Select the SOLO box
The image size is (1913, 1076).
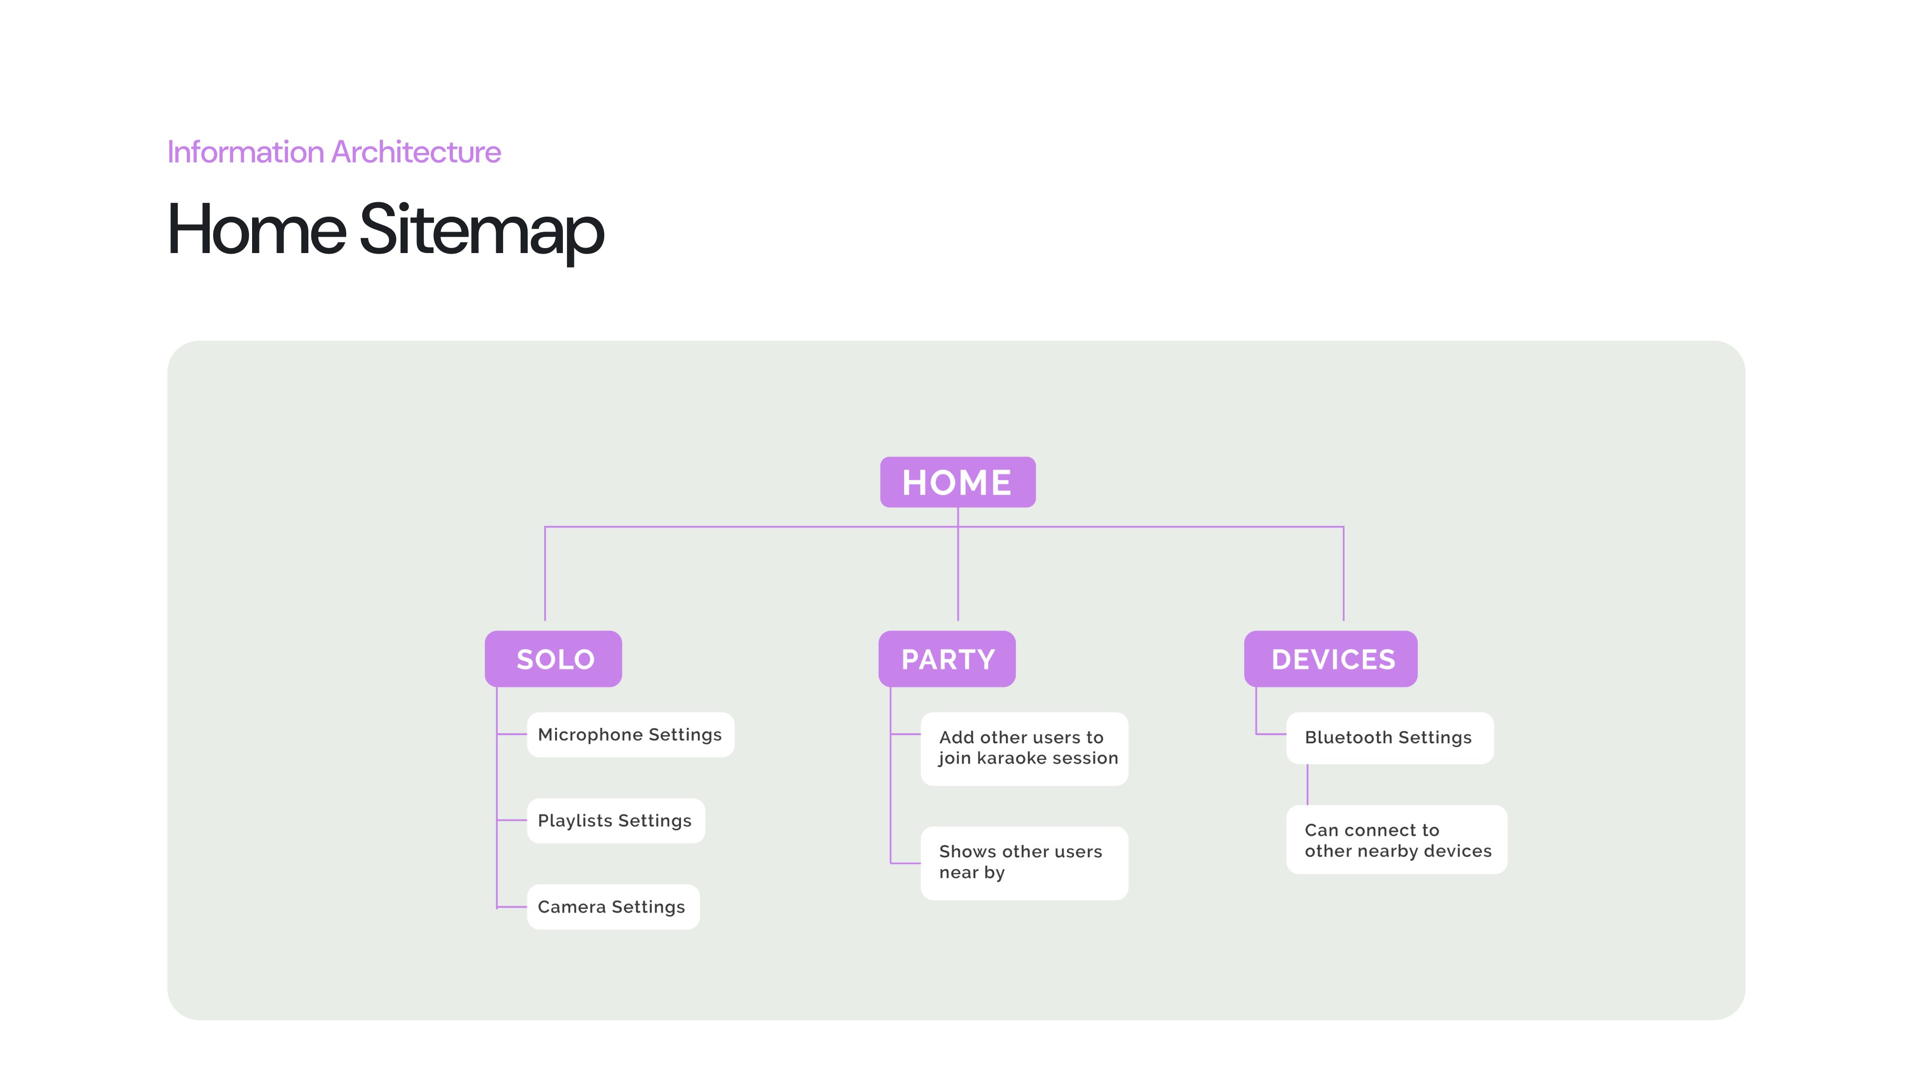tap(553, 659)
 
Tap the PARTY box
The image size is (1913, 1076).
tap(947, 659)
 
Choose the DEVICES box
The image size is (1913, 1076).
tap(1331, 659)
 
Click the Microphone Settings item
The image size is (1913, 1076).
tap(631, 734)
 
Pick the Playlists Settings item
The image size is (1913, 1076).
tap(616, 820)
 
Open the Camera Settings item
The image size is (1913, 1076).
tap(613, 907)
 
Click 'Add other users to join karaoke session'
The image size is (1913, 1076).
tap(1024, 749)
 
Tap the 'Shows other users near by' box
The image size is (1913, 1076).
tap(1024, 863)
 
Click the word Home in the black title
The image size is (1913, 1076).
tap(257, 230)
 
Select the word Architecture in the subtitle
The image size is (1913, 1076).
tap(416, 152)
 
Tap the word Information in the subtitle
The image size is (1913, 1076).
tap(246, 152)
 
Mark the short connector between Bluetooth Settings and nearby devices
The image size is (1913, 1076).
tap(1308, 784)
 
